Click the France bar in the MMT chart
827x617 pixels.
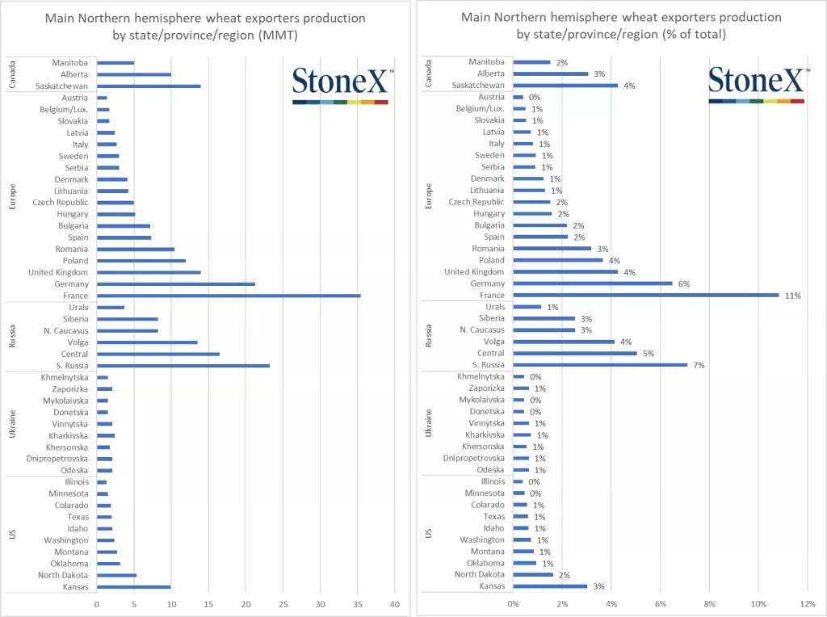[x=229, y=296]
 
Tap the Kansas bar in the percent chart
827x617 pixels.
[x=550, y=586]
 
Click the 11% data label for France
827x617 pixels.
[x=792, y=296]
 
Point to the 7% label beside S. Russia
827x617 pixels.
[x=699, y=365]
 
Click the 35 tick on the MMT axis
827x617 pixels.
[x=358, y=604]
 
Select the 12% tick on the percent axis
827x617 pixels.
[x=808, y=604]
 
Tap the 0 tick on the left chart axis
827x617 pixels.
[x=97, y=604]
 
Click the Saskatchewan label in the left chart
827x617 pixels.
[x=63, y=86]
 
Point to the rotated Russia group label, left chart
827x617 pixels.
[x=12, y=337]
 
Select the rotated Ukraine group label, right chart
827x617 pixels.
[x=429, y=423]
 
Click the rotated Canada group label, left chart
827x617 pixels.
[x=12, y=74]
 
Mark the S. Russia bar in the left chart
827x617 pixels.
[x=183, y=366]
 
